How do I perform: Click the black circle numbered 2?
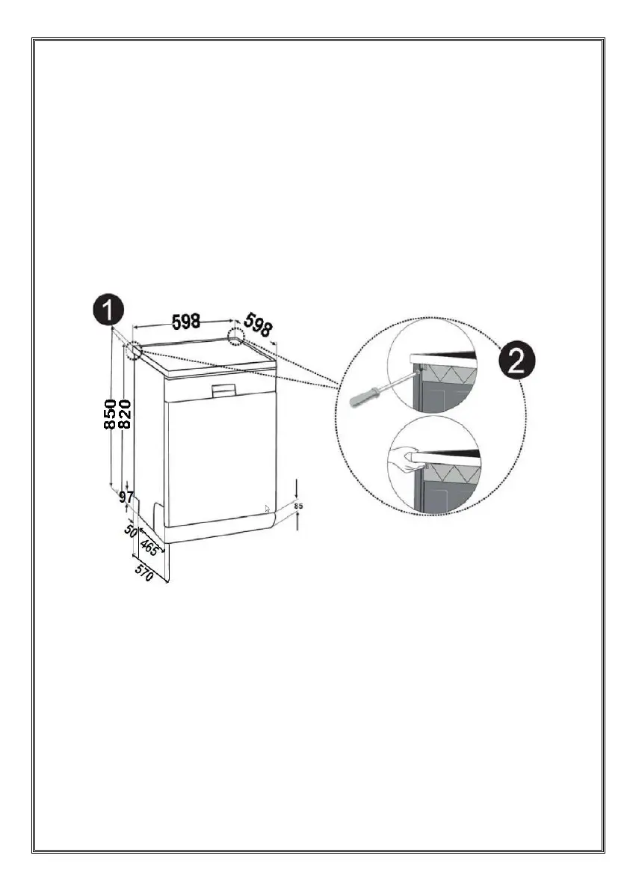516,362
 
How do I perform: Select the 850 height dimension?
109,415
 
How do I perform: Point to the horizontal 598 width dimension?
186,322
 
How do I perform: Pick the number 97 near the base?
126,496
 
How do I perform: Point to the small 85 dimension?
298,506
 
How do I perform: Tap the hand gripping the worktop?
406,455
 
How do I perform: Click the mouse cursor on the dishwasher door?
268,509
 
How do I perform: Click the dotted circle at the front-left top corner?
135,350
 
